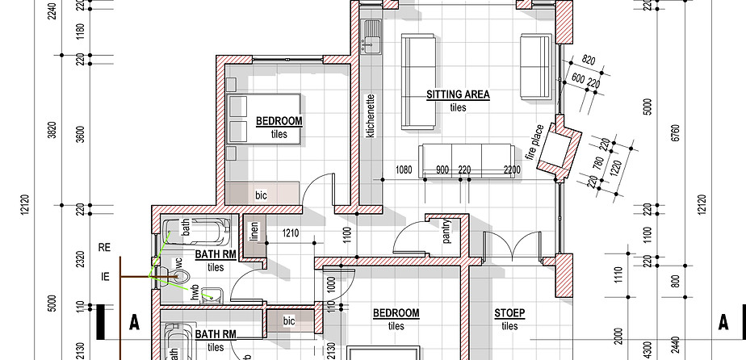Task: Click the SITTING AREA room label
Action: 458,94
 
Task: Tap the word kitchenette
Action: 371,116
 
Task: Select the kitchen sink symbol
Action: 371,36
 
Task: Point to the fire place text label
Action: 534,142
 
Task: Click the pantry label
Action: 446,232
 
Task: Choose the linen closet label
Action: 254,231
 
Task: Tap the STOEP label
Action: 509,313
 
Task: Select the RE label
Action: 104,247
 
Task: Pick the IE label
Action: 105,276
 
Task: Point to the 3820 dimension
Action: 52,130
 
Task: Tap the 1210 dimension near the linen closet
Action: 290,233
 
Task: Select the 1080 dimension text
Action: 404,170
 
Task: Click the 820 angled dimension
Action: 589,60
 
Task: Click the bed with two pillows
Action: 263,119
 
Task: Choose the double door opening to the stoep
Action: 512,245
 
